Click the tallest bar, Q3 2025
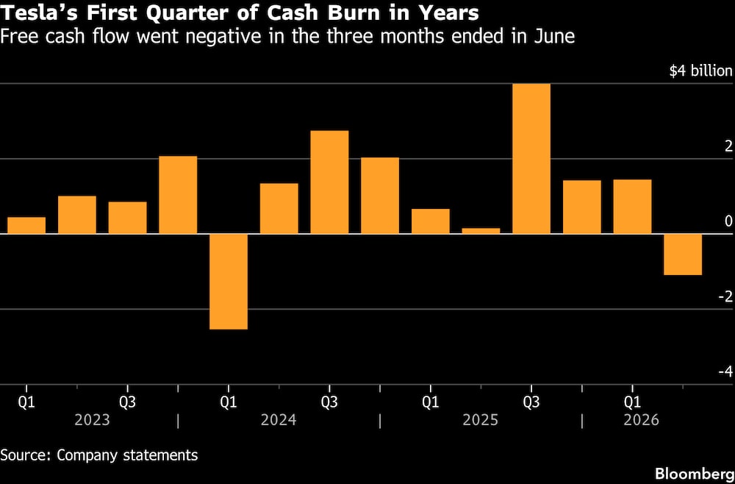tap(531, 159)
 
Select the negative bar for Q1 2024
tap(229, 282)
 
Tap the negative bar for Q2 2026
tap(683, 255)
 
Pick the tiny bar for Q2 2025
tap(481, 231)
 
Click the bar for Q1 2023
tap(26, 225)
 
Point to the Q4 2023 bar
tap(178, 195)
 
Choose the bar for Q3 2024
tap(329, 182)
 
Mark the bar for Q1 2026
tap(632, 207)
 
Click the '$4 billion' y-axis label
tap(700, 71)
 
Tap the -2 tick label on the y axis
tap(725, 296)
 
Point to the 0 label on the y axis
tap(728, 221)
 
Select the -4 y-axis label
tap(725, 372)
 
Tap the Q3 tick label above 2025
tap(531, 402)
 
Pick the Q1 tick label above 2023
tap(26, 402)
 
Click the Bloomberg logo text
tap(695, 474)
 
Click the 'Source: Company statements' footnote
tap(99, 455)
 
